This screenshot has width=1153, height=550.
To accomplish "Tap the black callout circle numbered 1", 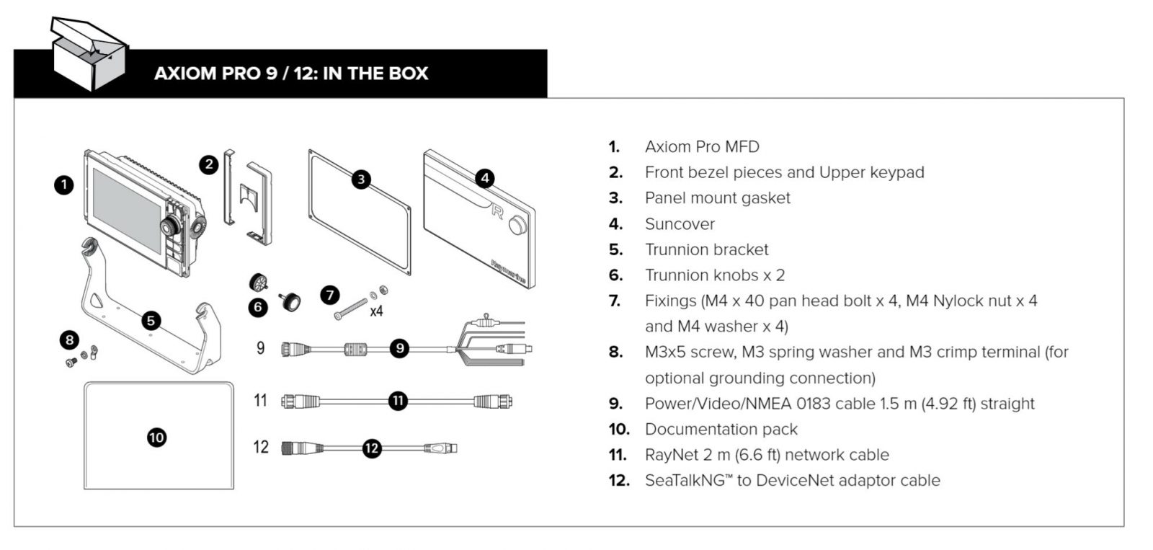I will click(64, 185).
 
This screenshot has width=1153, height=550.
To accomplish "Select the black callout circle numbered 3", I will click(361, 179).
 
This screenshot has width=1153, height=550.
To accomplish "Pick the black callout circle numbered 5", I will click(151, 321).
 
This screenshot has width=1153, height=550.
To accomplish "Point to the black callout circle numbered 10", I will click(156, 437).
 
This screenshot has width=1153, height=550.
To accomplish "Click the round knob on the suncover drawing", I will click(518, 226).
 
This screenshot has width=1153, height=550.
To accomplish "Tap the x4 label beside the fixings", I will click(376, 311).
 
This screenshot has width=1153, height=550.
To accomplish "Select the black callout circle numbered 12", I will click(372, 448).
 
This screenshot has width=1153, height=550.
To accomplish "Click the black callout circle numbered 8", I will click(69, 340).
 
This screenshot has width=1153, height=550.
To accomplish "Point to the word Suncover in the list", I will click(680, 224).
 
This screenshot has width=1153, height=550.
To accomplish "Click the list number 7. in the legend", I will click(615, 301).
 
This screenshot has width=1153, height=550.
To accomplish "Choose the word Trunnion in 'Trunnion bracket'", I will click(675, 249).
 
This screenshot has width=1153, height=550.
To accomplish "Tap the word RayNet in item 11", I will click(670, 455).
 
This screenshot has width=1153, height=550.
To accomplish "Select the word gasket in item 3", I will click(766, 198).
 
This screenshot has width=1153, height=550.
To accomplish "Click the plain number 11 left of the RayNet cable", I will click(261, 400).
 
